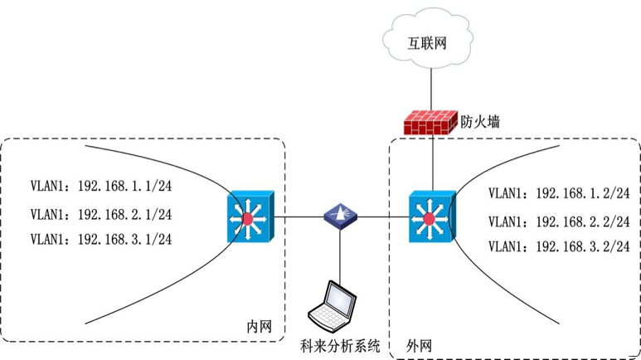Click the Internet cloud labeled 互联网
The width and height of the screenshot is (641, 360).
(x=427, y=41)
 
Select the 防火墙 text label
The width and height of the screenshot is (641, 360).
(x=481, y=122)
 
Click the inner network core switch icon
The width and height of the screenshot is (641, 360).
(x=248, y=218)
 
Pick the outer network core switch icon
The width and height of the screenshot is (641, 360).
(x=430, y=218)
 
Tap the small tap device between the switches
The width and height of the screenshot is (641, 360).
(x=340, y=216)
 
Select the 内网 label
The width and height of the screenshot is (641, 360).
(x=260, y=326)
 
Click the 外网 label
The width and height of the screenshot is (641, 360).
(x=419, y=343)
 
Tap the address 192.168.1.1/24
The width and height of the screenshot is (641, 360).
(x=124, y=185)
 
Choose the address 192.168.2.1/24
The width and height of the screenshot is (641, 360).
(x=124, y=214)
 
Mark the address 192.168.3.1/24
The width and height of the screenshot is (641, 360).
(x=124, y=240)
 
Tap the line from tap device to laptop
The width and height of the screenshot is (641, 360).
(x=340, y=253)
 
